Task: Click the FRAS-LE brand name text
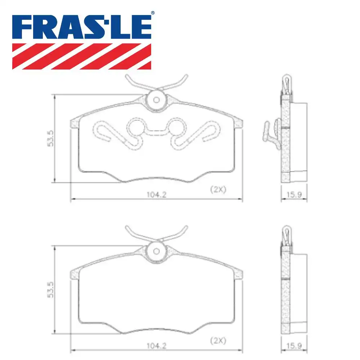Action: (82, 27)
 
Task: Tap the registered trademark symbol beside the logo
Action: (153, 13)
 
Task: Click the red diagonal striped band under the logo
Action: (82, 56)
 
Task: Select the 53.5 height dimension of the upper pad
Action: (50, 138)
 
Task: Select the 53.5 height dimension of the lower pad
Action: (50, 289)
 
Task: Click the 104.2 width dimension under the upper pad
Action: (156, 194)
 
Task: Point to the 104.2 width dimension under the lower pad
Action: (156, 346)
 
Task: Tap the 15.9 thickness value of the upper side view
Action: (294, 194)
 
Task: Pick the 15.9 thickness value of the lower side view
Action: (294, 346)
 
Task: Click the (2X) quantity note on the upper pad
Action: (218, 189)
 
